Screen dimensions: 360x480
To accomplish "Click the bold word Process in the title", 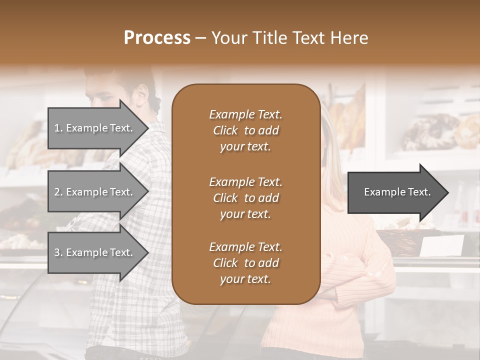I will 157,38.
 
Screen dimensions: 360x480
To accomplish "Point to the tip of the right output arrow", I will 447,192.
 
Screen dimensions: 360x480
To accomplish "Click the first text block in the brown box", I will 245,130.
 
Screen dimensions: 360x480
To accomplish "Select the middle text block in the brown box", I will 245,197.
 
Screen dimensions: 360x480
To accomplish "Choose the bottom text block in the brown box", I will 245,262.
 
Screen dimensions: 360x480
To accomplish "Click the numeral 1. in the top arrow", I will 58,128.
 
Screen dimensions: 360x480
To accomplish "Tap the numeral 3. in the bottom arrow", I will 58,252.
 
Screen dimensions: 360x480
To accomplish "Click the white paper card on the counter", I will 442,246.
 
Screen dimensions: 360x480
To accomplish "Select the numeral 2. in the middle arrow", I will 58,192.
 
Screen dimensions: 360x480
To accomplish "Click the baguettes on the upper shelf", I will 350,117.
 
